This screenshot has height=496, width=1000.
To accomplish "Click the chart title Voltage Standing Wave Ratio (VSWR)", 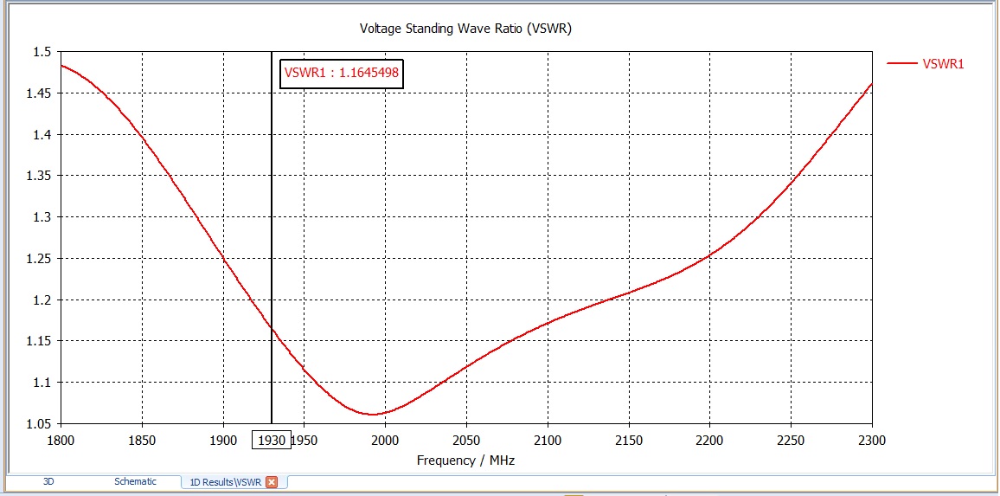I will tap(465, 29).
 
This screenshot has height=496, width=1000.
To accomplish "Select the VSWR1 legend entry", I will tap(943, 63).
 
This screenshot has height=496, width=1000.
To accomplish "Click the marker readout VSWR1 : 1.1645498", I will tap(342, 73).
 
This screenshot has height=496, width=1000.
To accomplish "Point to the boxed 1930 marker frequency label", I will tap(272, 440).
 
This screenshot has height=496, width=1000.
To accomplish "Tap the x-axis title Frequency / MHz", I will tap(465, 461).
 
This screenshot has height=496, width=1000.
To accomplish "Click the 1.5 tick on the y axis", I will tap(43, 52).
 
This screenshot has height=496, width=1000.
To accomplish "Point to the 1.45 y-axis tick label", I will tap(40, 93).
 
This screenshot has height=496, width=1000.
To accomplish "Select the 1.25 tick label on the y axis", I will tap(40, 259).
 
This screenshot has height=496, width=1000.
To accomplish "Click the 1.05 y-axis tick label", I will tap(40, 424).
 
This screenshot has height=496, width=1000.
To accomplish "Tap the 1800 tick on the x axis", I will tap(61, 440).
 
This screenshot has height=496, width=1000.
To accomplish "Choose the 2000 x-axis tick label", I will tap(385, 440).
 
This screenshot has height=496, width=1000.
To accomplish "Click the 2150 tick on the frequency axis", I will tap(629, 440).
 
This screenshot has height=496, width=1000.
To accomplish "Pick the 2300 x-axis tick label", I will tap(871, 440).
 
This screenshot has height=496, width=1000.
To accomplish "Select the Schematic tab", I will tap(135, 481).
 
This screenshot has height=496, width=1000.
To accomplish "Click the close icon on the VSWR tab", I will tap(272, 482).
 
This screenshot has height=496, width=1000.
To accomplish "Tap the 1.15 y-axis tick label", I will tap(40, 341).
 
